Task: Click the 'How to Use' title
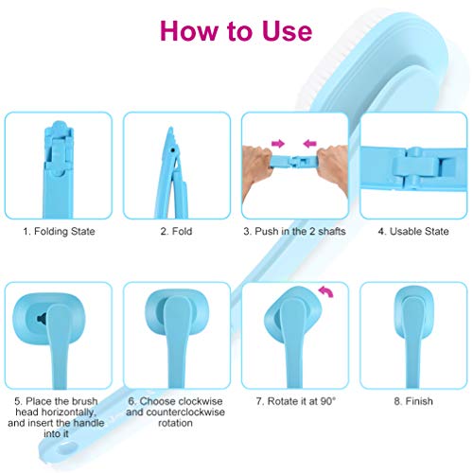pyautogui.click(x=236, y=30)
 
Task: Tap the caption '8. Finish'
pyautogui.click(x=413, y=402)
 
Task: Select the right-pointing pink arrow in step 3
pyautogui.click(x=278, y=143)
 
